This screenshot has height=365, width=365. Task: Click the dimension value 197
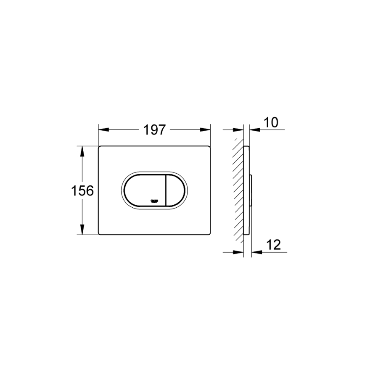[154, 130]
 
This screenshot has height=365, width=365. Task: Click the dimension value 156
[82, 190]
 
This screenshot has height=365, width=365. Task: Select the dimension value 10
[271, 123]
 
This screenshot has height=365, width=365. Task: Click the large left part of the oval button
[143, 190]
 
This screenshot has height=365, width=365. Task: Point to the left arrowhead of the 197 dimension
[102, 130]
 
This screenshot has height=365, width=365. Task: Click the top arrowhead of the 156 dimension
[82, 150]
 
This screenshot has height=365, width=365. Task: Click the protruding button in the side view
[251, 190]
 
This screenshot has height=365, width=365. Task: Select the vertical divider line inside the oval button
[165, 190]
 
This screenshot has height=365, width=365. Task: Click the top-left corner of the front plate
[99, 147]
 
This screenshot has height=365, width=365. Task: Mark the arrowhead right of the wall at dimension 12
[254, 252]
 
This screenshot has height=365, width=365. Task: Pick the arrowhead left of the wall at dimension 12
[240, 252]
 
